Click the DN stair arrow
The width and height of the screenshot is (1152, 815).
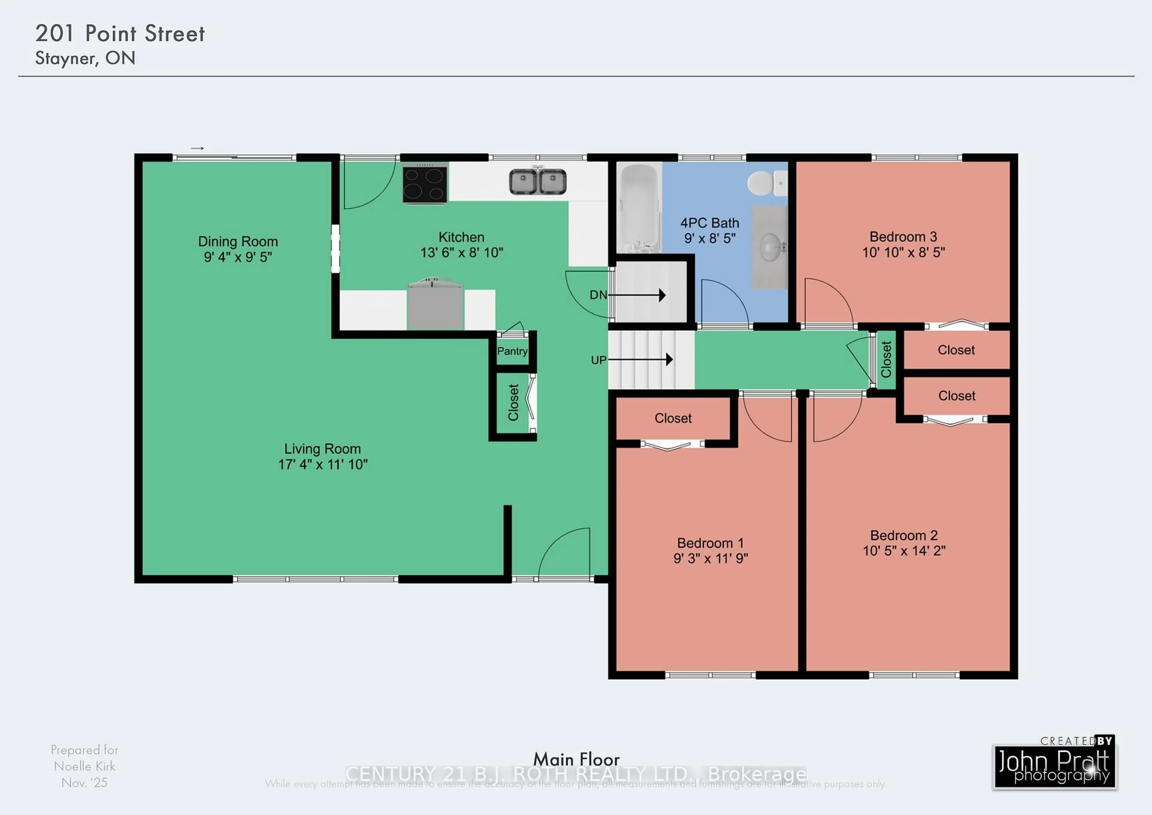point(636,295)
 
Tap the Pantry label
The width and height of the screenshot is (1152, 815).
point(512,351)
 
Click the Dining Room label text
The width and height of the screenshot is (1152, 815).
point(238,241)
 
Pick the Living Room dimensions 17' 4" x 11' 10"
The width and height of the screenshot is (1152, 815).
point(322,465)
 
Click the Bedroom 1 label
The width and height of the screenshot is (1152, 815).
point(710,543)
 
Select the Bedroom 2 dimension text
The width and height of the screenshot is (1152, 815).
point(904,551)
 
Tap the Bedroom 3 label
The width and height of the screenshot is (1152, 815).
point(903,237)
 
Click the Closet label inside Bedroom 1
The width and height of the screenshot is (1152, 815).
point(673,418)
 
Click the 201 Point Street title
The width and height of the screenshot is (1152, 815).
point(120,34)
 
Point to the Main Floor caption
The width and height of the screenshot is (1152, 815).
point(576,759)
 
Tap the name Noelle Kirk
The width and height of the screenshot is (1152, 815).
point(84,766)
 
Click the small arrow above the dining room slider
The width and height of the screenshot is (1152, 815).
point(197,148)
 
